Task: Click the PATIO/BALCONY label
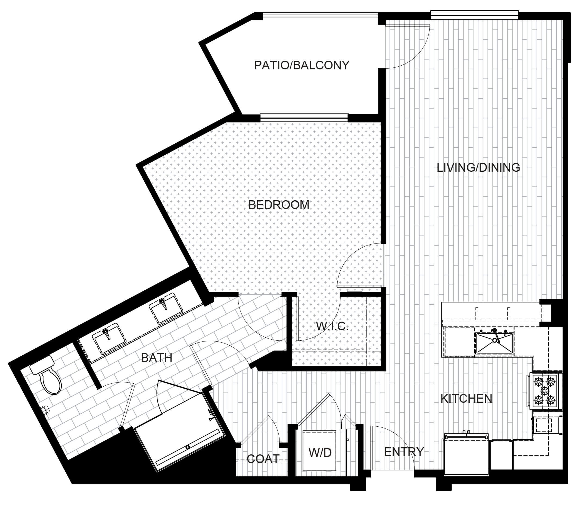(x=301, y=65)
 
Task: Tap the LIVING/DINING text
(x=479, y=168)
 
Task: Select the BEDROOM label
(x=278, y=205)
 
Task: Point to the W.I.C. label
(x=332, y=326)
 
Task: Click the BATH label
(x=157, y=358)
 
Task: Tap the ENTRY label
(x=404, y=452)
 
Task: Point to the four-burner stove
(x=544, y=391)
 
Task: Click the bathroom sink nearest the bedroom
(x=166, y=308)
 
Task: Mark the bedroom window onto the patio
(x=304, y=117)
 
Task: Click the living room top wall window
(x=474, y=15)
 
